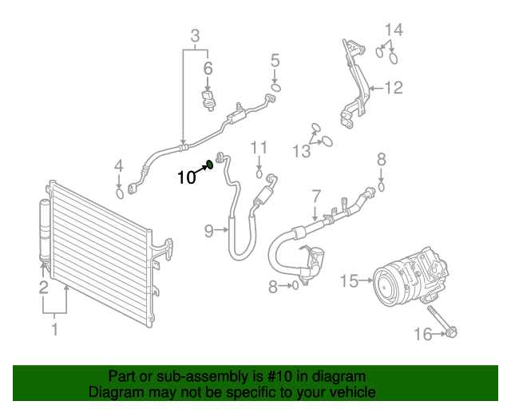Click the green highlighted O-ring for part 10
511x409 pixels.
(x=210, y=165)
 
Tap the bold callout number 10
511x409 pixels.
(x=185, y=177)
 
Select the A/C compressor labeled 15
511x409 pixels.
(x=407, y=276)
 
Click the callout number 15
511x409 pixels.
(x=350, y=280)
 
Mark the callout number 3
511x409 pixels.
(x=195, y=35)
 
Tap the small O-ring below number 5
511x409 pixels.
(x=275, y=86)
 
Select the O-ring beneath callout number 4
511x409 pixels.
(x=121, y=192)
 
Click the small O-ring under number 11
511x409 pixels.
(x=259, y=173)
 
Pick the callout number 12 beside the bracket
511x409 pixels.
(x=394, y=88)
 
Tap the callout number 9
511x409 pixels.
(x=208, y=231)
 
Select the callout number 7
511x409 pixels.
(x=315, y=195)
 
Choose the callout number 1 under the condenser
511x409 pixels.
(x=54, y=328)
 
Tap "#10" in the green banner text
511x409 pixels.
(x=282, y=376)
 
